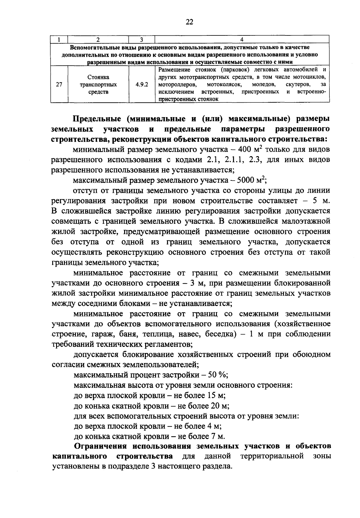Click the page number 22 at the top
pos(189,21)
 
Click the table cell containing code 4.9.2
pos(142,85)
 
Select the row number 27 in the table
pos(59,85)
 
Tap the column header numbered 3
pos(142,39)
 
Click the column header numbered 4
pos(242,39)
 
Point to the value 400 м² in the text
pos(250,149)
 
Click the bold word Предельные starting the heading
pos(97,119)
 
